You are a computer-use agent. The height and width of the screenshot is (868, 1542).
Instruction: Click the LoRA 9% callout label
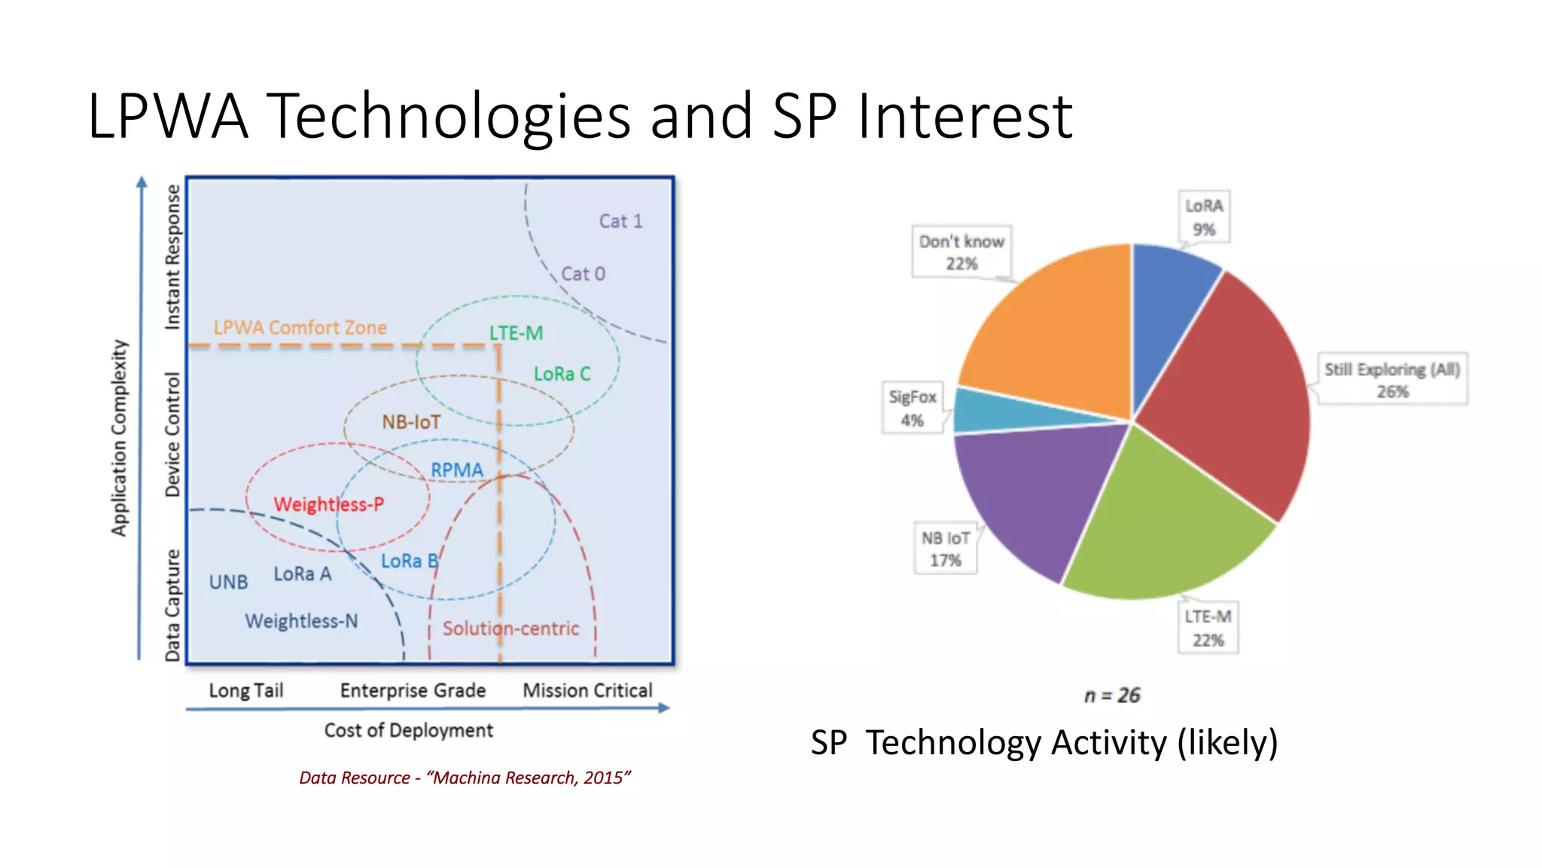pyautogui.click(x=1203, y=217)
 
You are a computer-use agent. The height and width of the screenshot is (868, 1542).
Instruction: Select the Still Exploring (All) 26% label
pyautogui.click(x=1391, y=379)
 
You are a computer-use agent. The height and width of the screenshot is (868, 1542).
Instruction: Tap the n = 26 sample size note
pyautogui.click(x=1112, y=695)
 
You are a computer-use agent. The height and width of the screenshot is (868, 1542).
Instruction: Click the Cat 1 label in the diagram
pyautogui.click(x=620, y=221)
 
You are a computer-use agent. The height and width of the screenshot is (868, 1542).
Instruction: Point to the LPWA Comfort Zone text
pyautogui.click(x=300, y=328)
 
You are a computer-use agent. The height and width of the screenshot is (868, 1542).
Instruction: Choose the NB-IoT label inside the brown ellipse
pyautogui.click(x=411, y=422)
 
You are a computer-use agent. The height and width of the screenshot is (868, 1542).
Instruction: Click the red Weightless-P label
pyautogui.click(x=328, y=504)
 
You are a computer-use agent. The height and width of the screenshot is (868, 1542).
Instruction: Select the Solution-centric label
pyautogui.click(x=510, y=628)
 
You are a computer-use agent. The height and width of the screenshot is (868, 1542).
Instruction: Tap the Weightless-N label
pyautogui.click(x=301, y=621)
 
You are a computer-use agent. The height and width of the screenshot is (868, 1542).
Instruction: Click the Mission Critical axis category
pyautogui.click(x=587, y=690)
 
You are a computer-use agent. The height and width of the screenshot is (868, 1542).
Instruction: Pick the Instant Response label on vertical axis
pyautogui.click(x=172, y=256)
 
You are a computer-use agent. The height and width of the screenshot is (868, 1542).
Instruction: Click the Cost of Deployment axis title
pyautogui.click(x=408, y=730)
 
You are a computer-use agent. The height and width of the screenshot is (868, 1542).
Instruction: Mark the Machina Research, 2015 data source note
pyautogui.click(x=465, y=778)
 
